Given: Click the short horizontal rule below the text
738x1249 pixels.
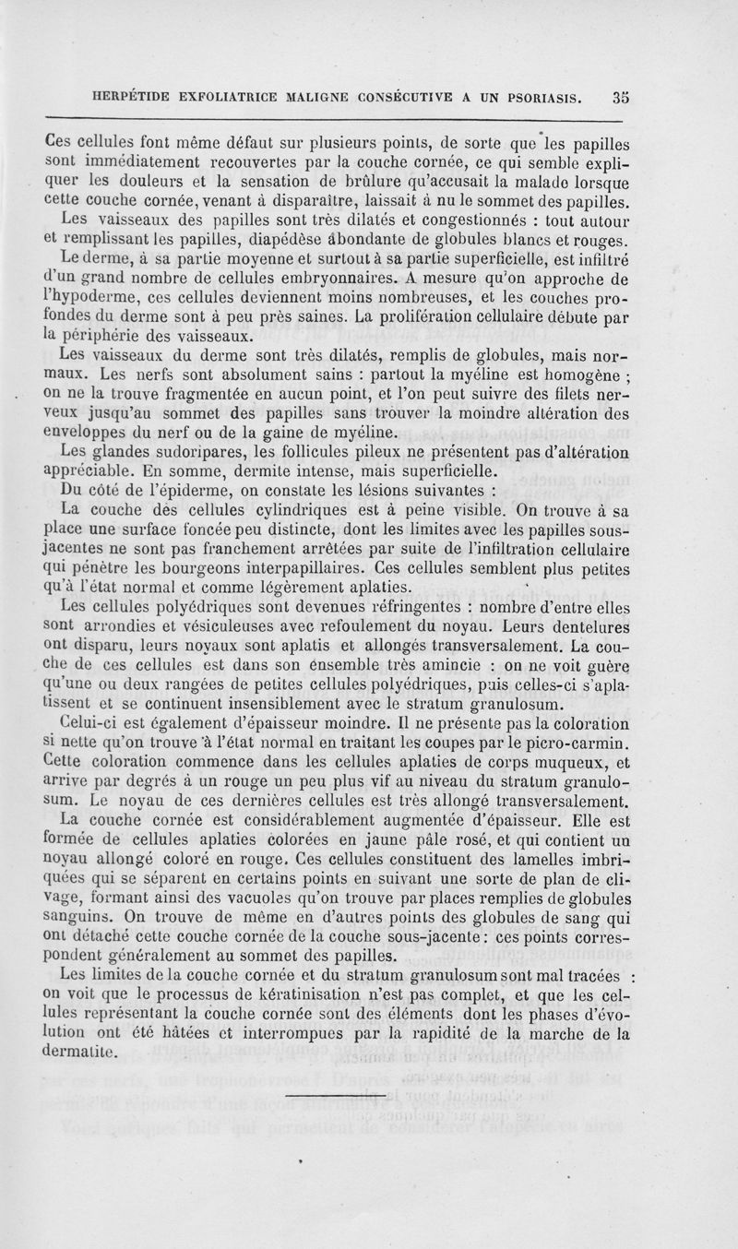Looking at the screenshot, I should [x=335, y=1094].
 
